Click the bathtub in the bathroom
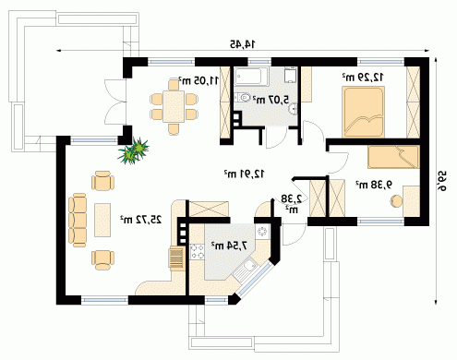pos(251,77)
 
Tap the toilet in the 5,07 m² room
pos(243,98)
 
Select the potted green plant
pos(133,150)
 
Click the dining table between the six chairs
pos(174,106)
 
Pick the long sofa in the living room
pos(78,220)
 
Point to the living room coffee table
pos(102,220)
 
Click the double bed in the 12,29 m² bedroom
pos(364,112)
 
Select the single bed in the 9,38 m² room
pos(393,157)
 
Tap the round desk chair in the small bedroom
pos(396,201)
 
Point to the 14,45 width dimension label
pos(243,44)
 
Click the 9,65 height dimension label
pos(442,181)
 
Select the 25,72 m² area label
pos(140,220)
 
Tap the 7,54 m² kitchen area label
pos(229,246)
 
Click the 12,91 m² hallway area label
pos(244,174)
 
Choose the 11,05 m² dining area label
pos(198,80)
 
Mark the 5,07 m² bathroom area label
pos(271,100)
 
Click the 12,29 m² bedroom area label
pos(363,77)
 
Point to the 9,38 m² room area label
pos(374,185)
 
